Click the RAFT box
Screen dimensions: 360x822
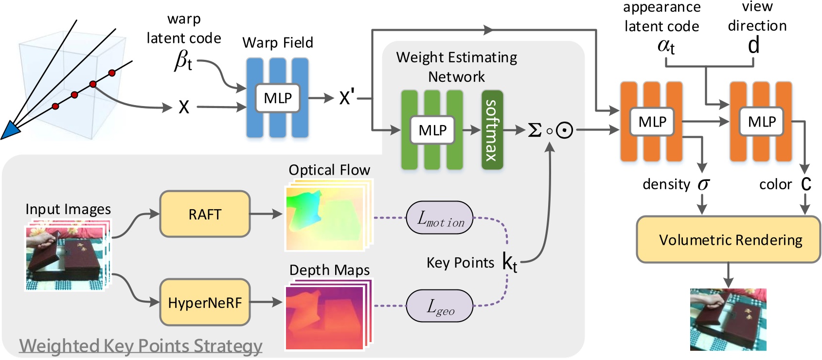pyautogui.click(x=205, y=214)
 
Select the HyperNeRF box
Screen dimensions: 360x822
pyautogui.click(x=205, y=303)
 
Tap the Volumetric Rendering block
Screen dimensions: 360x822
pyautogui.click(x=728, y=240)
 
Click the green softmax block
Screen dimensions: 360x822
pyautogui.click(x=492, y=130)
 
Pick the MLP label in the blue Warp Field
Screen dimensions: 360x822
pyautogui.click(x=278, y=98)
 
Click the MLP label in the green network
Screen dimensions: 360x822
pyautogui.click(x=432, y=130)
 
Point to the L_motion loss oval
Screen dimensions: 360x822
pyautogui.click(x=440, y=218)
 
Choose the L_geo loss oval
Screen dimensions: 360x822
pyautogui.click(x=440, y=306)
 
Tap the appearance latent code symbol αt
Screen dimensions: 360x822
pyautogui.click(x=666, y=46)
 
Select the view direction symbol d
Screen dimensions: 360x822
pyautogui.click(x=753, y=46)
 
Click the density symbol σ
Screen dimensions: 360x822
pyautogui.click(x=703, y=184)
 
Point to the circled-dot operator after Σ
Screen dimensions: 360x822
pyautogui.click(x=564, y=130)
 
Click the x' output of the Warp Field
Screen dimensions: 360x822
pyautogui.click(x=346, y=98)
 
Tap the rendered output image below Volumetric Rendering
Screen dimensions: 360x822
pyautogui.click(x=728, y=320)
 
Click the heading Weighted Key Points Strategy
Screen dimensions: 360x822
pyautogui.click(x=141, y=346)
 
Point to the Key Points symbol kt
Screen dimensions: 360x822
pyautogui.click(x=509, y=263)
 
